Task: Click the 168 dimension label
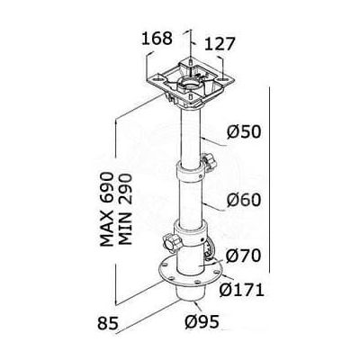click(157, 39)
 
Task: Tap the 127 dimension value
click(220, 44)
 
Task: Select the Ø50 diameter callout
click(244, 132)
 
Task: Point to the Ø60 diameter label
click(244, 200)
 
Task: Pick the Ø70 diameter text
click(243, 256)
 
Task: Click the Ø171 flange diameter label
click(242, 290)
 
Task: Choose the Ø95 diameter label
click(202, 322)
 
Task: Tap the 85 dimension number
click(107, 323)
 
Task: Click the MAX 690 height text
click(107, 210)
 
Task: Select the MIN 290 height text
click(125, 210)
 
